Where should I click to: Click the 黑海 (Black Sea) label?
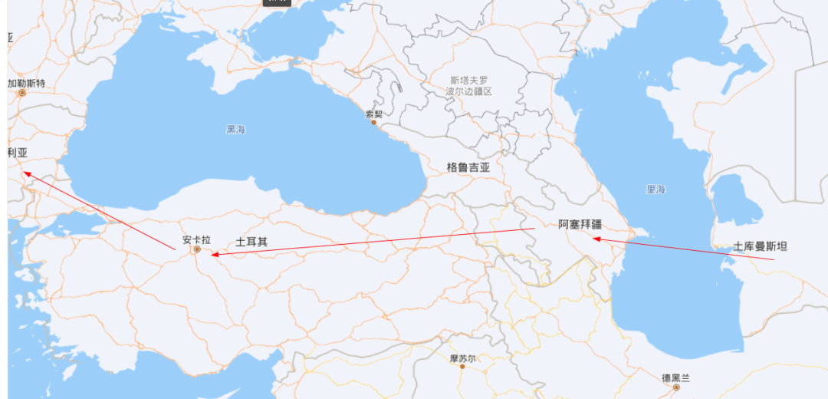point(235,130)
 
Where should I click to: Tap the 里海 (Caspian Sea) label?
point(655,189)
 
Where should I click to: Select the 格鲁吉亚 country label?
point(468,166)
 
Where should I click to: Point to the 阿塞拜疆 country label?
point(580,225)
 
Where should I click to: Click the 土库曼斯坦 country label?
point(761,246)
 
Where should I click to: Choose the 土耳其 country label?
point(251,241)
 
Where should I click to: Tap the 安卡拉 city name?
point(196,239)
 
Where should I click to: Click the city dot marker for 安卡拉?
point(197,249)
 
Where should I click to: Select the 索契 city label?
point(374,114)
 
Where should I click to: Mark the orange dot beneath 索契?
point(374,122)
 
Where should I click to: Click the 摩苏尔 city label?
point(462,358)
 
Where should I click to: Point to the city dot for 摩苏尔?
point(462,366)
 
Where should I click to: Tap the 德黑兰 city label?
point(675,378)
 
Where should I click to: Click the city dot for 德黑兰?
point(675,387)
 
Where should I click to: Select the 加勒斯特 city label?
point(28,83)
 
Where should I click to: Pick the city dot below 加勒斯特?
point(22,93)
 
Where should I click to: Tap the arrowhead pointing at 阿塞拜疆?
point(594,239)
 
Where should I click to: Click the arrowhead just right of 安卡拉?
point(213,253)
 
